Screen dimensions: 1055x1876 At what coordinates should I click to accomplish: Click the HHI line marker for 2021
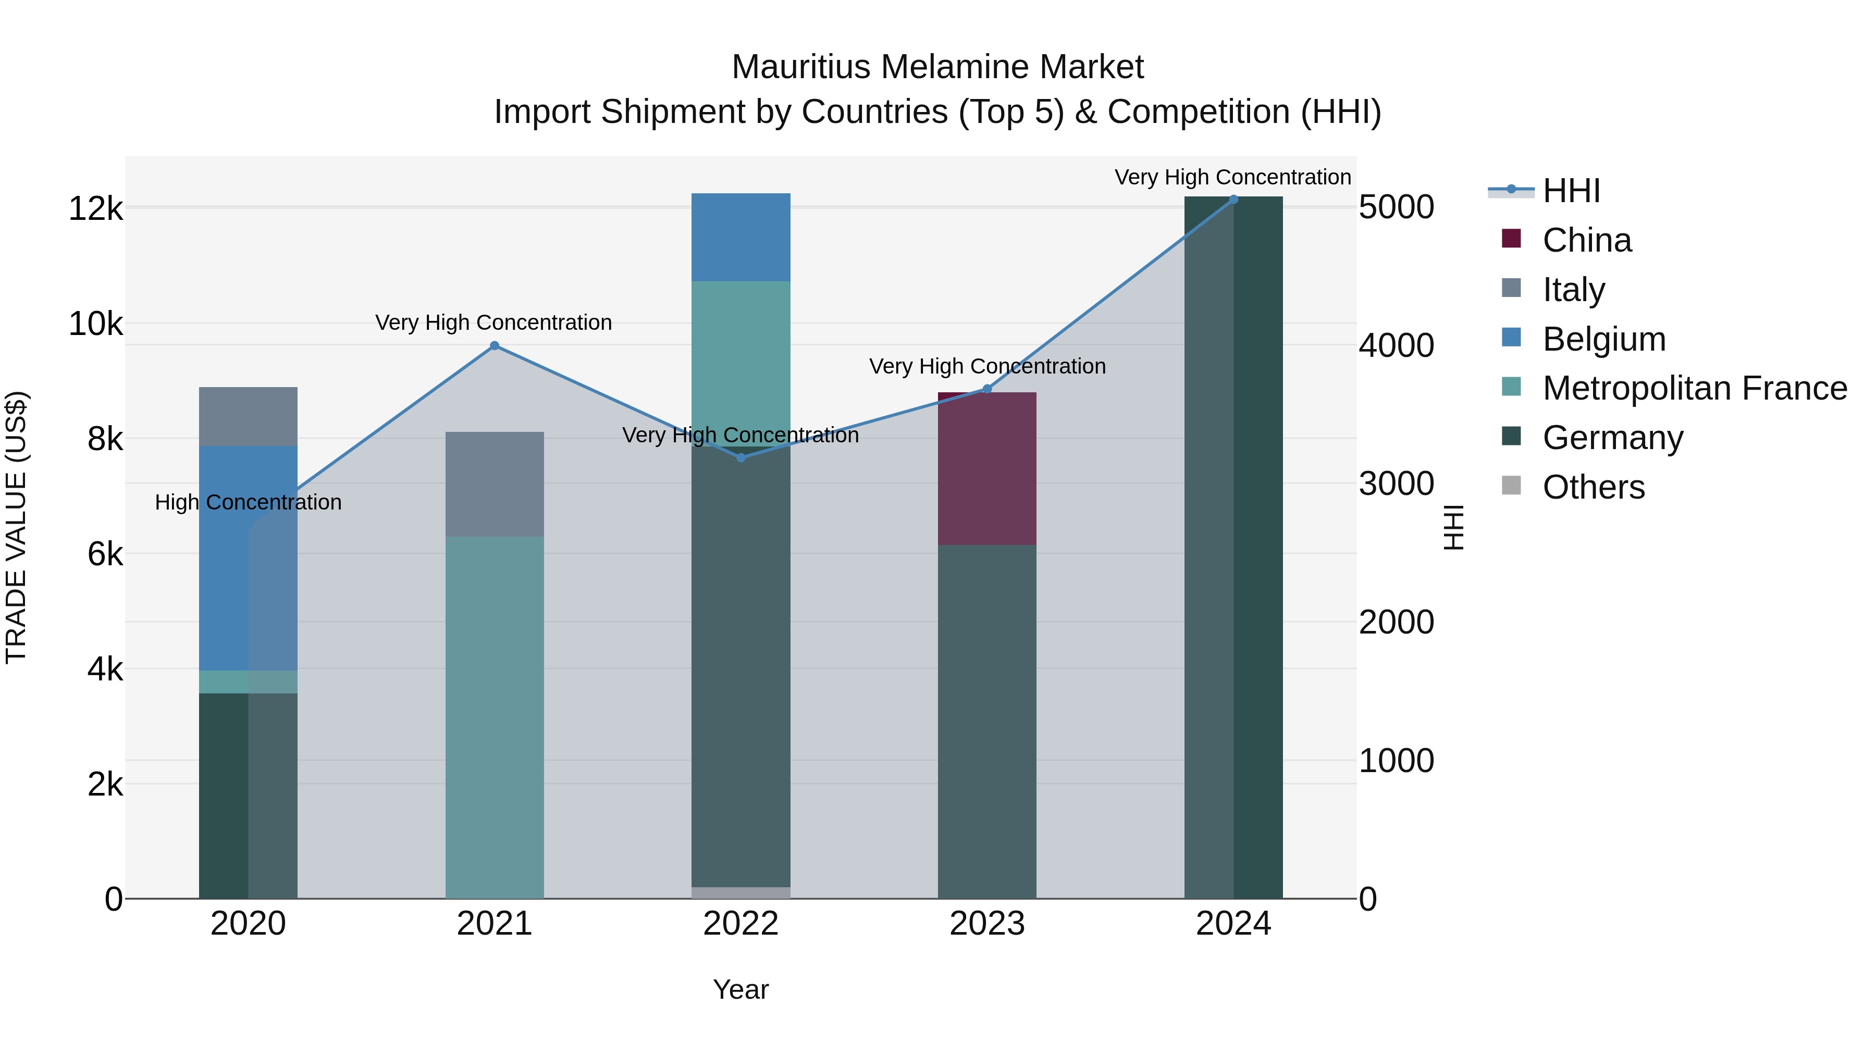tap(495, 346)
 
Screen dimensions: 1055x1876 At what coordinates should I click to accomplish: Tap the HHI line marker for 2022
tap(740, 458)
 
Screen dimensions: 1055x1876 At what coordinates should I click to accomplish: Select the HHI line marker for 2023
tap(988, 389)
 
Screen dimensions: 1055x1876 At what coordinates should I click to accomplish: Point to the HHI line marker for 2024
tap(1233, 200)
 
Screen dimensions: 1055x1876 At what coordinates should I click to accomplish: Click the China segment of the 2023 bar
tap(987, 469)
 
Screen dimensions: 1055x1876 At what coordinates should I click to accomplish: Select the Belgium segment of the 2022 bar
tap(740, 238)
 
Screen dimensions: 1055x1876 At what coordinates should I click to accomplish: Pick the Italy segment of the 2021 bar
tap(495, 484)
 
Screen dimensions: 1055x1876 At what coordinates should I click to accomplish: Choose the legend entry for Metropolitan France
tap(1695, 389)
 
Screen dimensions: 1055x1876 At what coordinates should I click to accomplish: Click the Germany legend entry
tap(1612, 438)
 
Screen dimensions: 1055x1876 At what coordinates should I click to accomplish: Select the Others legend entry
tap(1594, 488)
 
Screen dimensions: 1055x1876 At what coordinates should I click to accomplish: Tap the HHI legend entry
tap(1571, 191)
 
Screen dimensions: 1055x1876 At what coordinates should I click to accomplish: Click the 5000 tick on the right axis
tap(1396, 207)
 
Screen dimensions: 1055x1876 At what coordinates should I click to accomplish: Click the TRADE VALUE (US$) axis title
tap(17, 527)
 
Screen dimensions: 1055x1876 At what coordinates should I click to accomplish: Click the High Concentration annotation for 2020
tap(249, 502)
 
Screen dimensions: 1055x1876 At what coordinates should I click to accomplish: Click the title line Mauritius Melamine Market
tap(937, 67)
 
